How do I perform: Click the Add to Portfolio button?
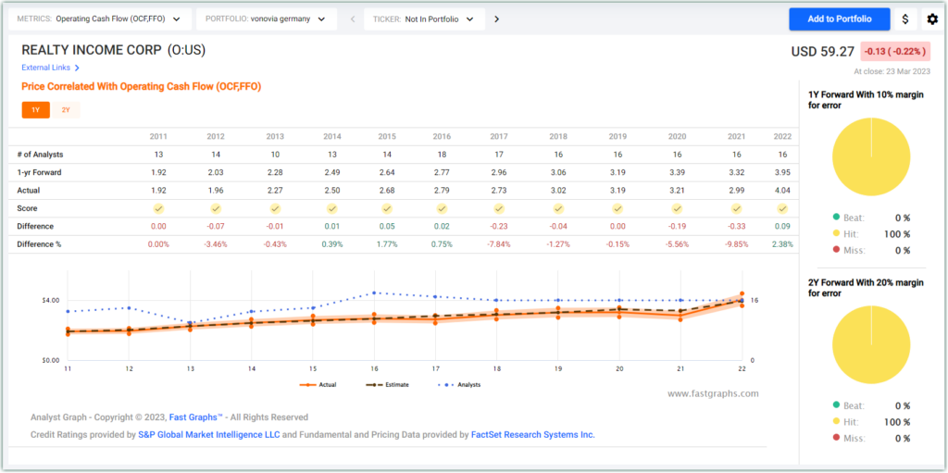pos(839,19)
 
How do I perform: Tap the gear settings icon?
pos(931,19)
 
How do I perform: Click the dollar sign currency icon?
pos(904,19)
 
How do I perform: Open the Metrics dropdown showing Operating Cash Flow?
pos(102,19)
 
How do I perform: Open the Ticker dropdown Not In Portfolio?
pos(424,19)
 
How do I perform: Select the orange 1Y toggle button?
pos(35,110)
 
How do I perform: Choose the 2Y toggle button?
pos(66,110)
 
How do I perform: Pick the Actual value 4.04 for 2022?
pos(782,189)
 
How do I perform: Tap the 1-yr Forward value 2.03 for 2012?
pos(216,171)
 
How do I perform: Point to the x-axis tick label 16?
pos(375,368)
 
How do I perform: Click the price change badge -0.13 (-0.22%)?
pos(894,51)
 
